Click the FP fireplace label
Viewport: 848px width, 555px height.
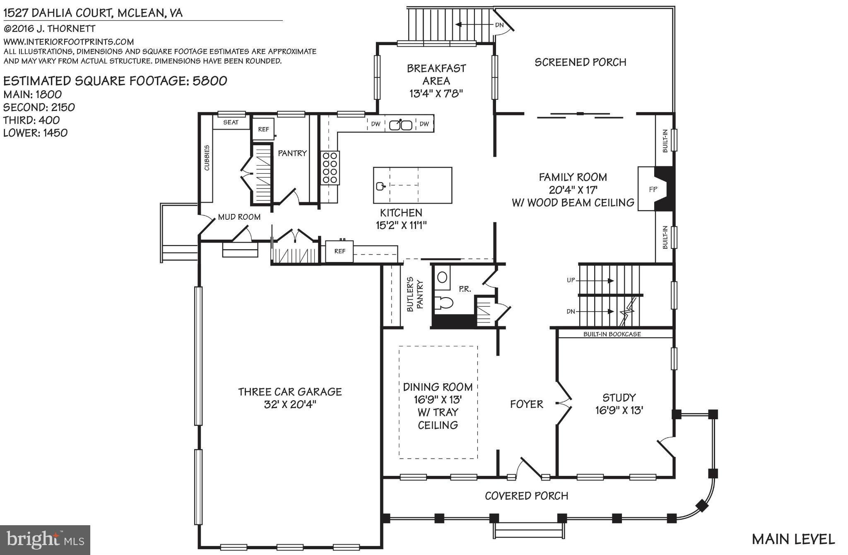point(653,189)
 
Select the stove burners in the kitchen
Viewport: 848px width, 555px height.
point(330,168)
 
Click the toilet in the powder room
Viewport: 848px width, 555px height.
point(444,303)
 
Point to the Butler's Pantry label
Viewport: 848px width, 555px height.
point(415,294)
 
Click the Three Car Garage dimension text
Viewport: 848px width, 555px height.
point(290,404)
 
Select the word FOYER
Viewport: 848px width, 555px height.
point(526,404)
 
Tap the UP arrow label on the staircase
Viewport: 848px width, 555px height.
point(571,280)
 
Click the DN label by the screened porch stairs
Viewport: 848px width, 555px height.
point(499,25)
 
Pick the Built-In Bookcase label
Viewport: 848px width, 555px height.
point(612,334)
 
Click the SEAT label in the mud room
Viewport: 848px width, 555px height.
point(231,122)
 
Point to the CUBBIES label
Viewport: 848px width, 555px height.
point(207,158)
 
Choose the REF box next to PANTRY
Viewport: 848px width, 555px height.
point(263,129)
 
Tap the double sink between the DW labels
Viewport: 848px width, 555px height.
point(400,124)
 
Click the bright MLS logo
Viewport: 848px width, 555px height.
point(45,540)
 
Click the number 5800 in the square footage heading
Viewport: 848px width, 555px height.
point(210,81)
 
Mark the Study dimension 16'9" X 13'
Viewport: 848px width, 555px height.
point(619,411)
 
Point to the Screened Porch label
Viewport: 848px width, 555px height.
point(580,62)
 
